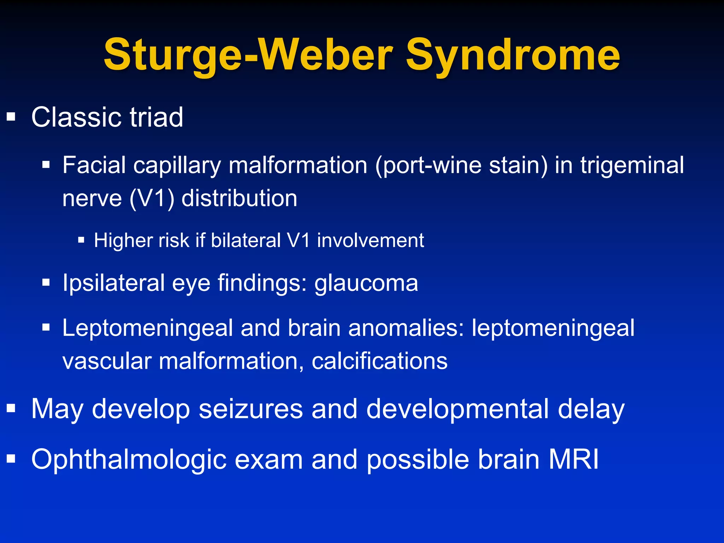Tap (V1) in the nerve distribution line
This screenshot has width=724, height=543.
[152, 198]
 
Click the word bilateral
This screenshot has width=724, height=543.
[246, 240]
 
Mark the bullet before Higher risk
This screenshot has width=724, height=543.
[81, 240]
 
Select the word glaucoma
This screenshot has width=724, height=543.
[366, 284]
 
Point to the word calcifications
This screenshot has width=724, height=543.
[380, 361]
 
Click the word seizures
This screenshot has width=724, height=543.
[251, 409]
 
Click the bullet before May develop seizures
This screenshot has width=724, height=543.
[11, 409]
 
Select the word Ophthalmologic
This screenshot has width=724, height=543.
[129, 460]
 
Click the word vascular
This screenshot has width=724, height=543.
[107, 361]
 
